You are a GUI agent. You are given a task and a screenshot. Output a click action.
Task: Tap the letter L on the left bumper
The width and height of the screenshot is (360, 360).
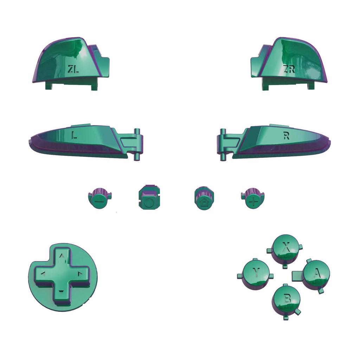73,135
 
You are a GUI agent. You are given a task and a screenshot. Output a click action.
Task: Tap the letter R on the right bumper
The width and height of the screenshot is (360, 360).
286,136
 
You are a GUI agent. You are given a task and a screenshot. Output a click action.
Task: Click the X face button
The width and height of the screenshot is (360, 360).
286,247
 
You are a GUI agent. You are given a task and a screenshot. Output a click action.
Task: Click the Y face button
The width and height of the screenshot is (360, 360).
257,272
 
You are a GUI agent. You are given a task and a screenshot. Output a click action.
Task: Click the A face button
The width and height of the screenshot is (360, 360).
316,273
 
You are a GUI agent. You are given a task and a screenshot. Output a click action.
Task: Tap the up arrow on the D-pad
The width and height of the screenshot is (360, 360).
62,256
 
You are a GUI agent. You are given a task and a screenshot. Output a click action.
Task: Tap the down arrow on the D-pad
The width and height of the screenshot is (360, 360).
62,291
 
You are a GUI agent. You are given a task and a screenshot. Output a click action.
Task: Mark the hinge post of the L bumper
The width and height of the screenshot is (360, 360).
137,144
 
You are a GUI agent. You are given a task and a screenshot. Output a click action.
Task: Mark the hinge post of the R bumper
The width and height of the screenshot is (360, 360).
223,144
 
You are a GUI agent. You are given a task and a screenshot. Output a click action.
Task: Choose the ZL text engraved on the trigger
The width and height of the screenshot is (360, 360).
73,69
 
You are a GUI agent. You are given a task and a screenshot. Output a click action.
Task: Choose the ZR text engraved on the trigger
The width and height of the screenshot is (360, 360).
289,69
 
